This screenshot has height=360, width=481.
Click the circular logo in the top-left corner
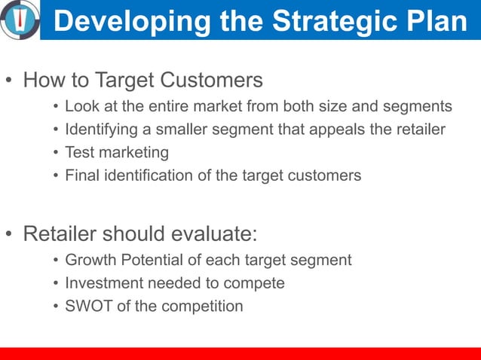(20, 19)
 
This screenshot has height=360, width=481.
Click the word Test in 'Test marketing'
(79, 152)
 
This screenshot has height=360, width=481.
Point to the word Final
(81, 175)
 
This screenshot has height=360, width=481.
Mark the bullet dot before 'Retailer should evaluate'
(9, 234)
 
